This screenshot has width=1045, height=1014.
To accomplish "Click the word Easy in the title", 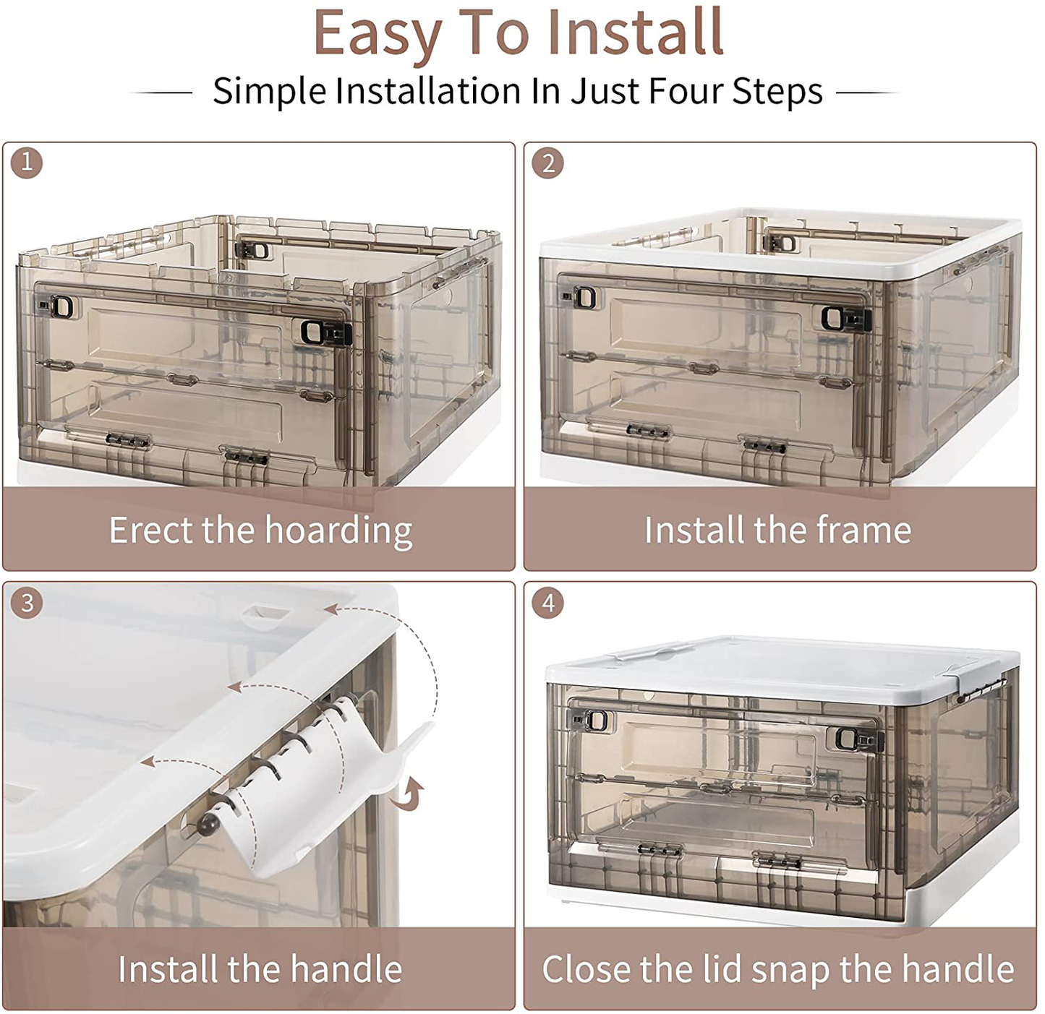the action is point(377,33).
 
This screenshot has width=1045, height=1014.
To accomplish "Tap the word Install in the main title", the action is point(635,31).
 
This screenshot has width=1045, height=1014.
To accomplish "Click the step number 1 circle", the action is point(26,162).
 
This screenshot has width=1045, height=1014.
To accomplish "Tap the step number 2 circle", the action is point(547,163).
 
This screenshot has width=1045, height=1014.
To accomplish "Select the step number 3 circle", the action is point(26,602).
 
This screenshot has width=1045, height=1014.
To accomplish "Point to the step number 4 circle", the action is point(547,602).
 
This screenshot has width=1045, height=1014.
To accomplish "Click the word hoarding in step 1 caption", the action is point(339,531).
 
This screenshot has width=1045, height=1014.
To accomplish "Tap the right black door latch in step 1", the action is point(324,332).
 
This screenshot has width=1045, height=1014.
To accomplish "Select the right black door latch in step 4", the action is point(855,739).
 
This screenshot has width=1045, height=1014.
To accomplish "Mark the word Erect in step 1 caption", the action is point(151,530).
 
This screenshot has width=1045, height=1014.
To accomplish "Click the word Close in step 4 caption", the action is point(587,968).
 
